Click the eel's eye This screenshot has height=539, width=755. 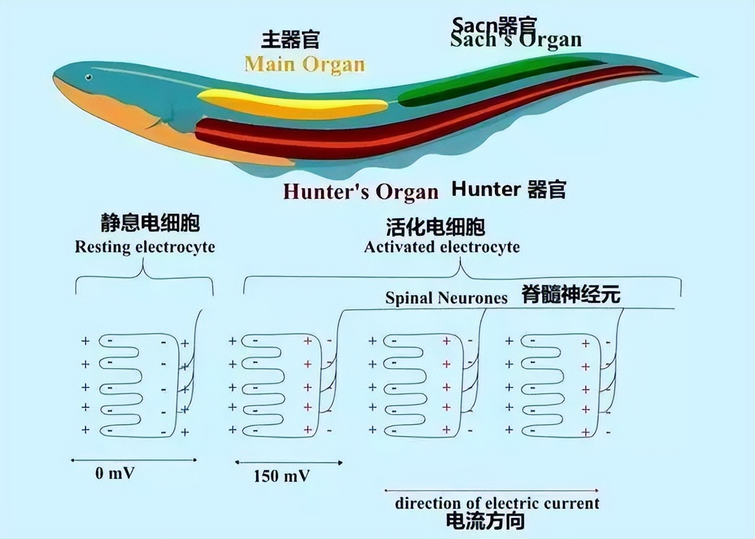(x=88, y=77)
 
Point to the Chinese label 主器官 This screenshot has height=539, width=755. (x=290, y=40)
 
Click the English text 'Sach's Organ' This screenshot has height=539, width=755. (x=516, y=40)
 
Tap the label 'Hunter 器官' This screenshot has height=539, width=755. (x=508, y=189)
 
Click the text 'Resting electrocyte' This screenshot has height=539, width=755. (x=145, y=247)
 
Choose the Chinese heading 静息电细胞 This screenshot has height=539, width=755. (x=150, y=223)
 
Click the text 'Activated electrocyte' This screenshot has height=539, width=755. (x=442, y=247)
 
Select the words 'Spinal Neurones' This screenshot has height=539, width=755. (x=446, y=298)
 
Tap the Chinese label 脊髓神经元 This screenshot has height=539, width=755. (x=571, y=294)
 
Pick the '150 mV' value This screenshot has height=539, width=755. (x=283, y=476)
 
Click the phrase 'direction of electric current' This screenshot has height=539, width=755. (x=497, y=503)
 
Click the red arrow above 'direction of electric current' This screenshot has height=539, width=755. (x=491, y=490)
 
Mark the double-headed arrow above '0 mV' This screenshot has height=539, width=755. (x=134, y=460)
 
